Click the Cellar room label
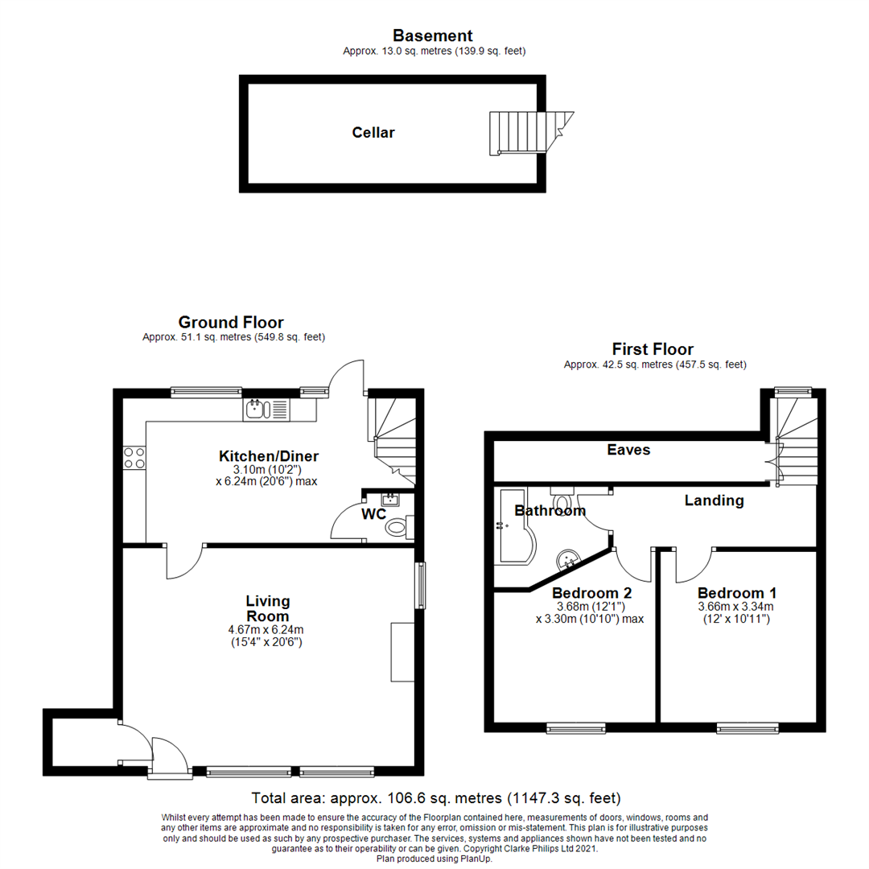click(x=373, y=133)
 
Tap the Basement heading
click(x=432, y=35)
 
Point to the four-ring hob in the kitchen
click(x=134, y=458)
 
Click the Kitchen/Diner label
click(x=269, y=456)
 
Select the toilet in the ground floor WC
click(x=397, y=528)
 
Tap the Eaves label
click(x=628, y=450)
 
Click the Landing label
click(x=714, y=500)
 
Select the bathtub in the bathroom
click(x=512, y=535)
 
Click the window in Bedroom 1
click(x=748, y=728)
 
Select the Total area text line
click(x=435, y=798)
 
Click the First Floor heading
click(x=652, y=349)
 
